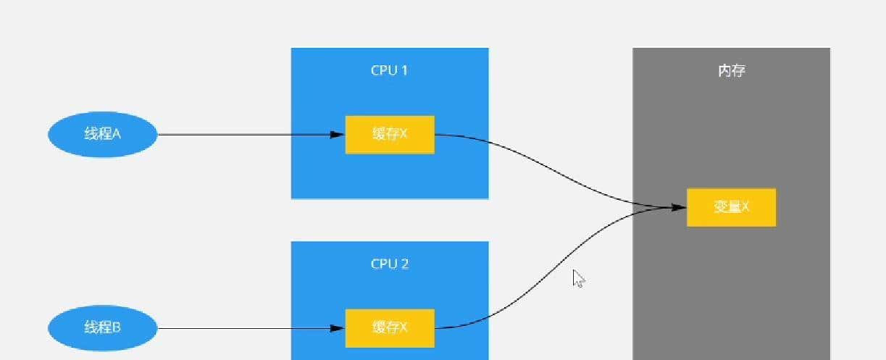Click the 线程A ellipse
[x=102, y=134]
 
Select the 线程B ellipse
[x=102, y=328]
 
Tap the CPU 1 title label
[x=390, y=70]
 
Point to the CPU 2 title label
[x=390, y=264]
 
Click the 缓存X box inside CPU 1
[x=390, y=134]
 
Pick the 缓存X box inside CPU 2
[x=390, y=328]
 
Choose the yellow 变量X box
[x=731, y=207]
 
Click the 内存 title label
[x=731, y=71]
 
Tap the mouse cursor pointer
[x=578, y=279]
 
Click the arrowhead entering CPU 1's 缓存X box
[x=337, y=134]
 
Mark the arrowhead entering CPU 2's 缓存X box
[x=337, y=328]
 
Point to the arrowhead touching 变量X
[x=678, y=207]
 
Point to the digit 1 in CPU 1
[x=406, y=70]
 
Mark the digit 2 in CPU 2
[x=405, y=264]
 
